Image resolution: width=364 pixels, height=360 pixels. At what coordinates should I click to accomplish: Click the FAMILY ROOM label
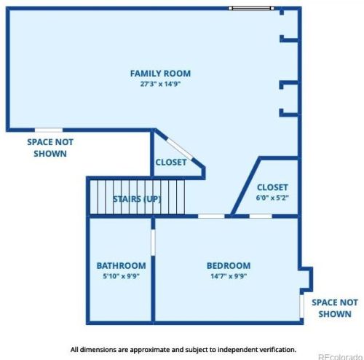[x=160, y=73]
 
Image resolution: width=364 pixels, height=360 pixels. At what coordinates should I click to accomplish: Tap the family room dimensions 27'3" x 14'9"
[x=160, y=84]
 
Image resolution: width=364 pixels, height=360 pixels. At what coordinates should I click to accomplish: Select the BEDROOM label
[x=228, y=266]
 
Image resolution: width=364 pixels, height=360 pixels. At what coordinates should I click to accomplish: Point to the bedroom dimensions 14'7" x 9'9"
[x=228, y=277]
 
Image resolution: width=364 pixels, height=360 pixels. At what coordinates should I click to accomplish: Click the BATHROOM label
[x=121, y=266]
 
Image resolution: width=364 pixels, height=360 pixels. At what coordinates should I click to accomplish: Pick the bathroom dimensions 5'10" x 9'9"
[x=121, y=277]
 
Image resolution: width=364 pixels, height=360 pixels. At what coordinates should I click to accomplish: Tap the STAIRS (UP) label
[x=137, y=199]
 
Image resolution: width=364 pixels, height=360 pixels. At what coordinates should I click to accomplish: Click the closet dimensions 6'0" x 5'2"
[x=272, y=197]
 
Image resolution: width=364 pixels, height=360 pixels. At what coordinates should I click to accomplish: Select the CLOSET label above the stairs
[x=170, y=163]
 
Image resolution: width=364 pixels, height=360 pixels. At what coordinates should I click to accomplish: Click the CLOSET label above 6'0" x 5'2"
[x=272, y=187]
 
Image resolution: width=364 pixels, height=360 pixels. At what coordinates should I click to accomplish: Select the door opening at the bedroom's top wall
[x=211, y=216]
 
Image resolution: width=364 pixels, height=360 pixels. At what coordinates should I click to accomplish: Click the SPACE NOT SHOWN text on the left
[x=50, y=148]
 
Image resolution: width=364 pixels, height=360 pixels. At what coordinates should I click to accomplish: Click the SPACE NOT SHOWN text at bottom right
[x=334, y=308]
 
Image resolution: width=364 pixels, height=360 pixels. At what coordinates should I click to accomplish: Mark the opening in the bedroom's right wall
[x=301, y=300]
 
